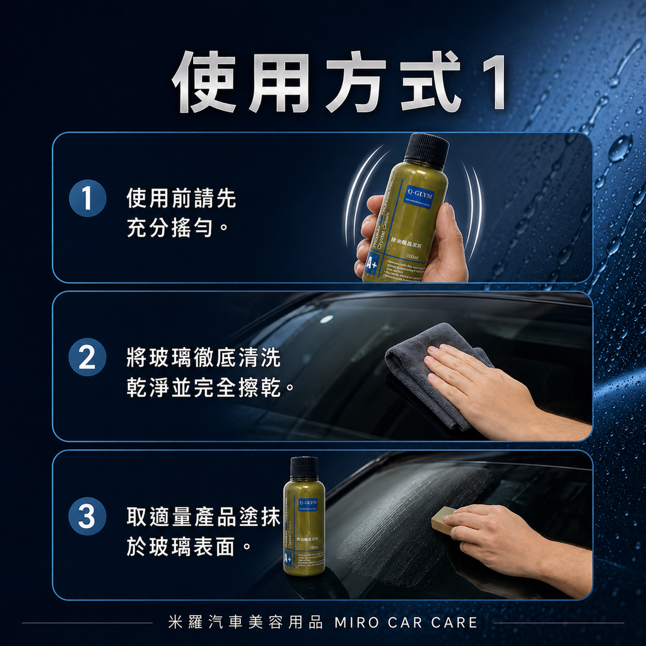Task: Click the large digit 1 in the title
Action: tap(491, 83)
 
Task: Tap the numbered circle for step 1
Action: tap(87, 199)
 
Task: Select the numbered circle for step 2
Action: tap(87, 358)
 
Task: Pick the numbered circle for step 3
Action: tap(87, 517)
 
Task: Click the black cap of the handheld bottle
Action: tap(426, 150)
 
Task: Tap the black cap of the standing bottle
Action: tap(304, 467)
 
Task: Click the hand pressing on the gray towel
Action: tap(479, 385)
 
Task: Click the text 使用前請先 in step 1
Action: tap(181, 199)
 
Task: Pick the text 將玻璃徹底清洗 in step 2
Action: tap(203, 358)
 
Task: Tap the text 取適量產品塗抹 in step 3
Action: tap(203, 517)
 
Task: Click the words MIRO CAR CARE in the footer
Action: tap(406, 623)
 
